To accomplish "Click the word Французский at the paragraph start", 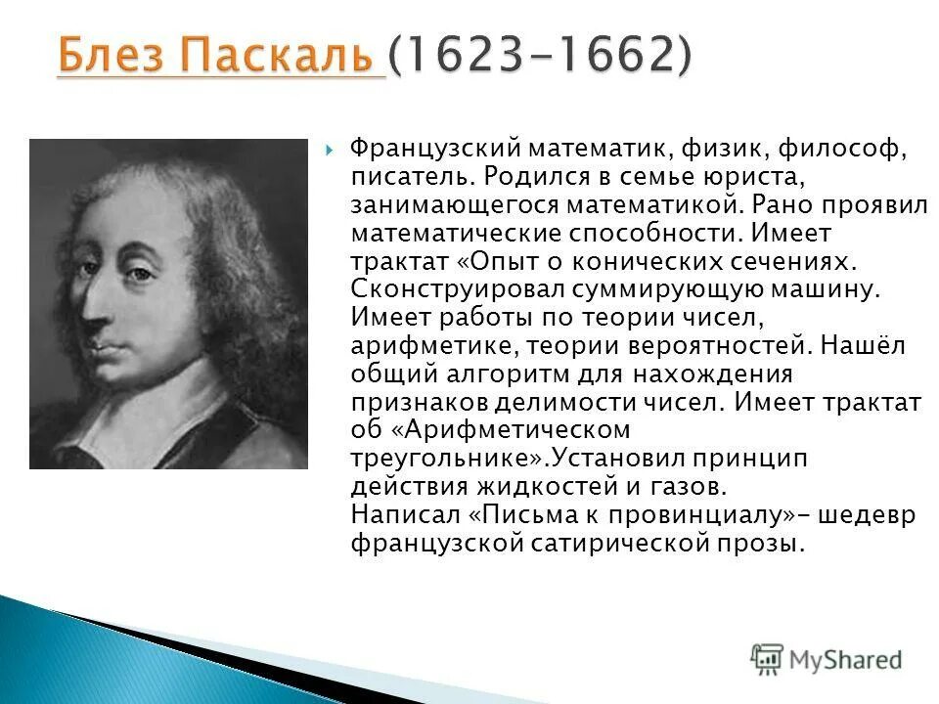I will (x=433, y=152).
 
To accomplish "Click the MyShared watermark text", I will (x=846, y=660).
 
